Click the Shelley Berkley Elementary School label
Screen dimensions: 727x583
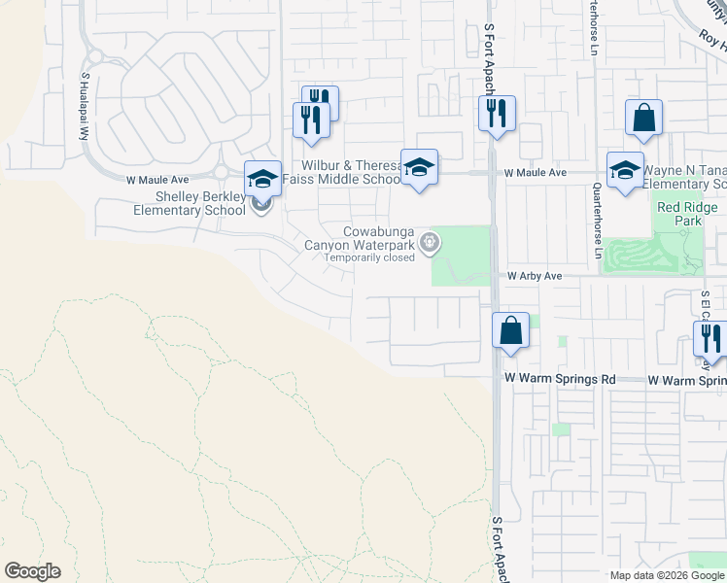point(188,203)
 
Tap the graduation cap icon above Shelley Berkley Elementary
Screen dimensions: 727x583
point(262,178)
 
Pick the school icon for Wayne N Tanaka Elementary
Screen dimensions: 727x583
point(625,169)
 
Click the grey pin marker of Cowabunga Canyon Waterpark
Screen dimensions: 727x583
point(429,244)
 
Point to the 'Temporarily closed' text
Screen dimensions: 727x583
point(369,257)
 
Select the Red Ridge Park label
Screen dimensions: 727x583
point(687,214)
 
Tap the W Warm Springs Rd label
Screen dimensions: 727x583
point(560,378)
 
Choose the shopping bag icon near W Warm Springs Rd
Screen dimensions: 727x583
point(510,331)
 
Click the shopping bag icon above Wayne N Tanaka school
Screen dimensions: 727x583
point(643,119)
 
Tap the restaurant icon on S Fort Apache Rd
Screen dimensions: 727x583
point(497,114)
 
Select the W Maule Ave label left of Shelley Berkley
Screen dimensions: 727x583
point(156,180)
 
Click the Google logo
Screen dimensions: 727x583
point(32,570)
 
